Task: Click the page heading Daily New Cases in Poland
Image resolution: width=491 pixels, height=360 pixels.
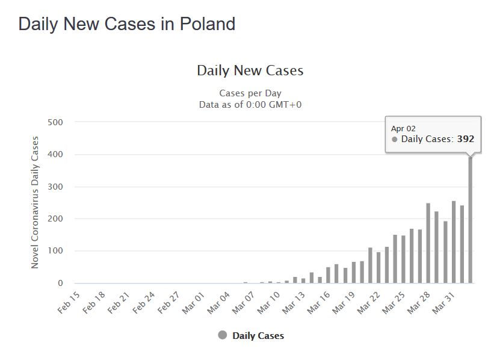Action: coord(126,25)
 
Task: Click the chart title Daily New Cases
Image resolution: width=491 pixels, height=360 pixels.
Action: coord(250,70)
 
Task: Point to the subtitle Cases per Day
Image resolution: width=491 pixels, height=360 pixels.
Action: coord(250,93)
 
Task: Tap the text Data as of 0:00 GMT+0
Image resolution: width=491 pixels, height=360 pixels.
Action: coord(250,104)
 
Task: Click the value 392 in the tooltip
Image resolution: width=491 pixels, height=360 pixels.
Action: coord(465,139)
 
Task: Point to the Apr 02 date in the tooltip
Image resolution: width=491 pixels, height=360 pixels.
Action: coord(403,128)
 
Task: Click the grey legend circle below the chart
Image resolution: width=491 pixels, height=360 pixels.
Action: coord(223,335)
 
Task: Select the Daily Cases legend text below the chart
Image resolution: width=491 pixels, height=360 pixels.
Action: coord(258,336)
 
